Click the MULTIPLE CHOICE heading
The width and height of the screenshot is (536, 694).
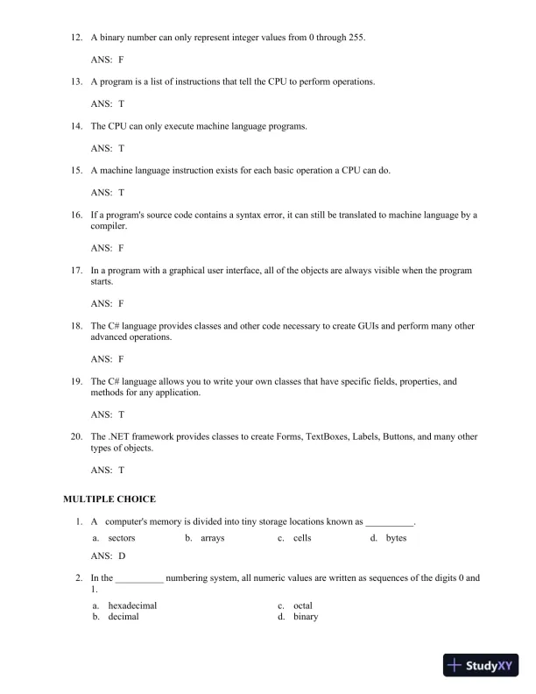(x=109, y=499)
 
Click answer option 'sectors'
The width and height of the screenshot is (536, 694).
(x=121, y=538)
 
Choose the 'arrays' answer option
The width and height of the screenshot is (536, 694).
(x=212, y=538)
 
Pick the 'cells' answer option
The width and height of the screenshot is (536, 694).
(x=302, y=538)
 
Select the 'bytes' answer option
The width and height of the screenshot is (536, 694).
(x=396, y=538)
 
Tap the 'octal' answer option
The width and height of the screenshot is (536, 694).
(x=303, y=605)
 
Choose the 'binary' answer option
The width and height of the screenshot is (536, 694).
(x=306, y=617)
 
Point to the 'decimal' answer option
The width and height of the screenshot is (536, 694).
(x=123, y=617)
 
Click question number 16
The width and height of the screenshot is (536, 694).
(x=76, y=215)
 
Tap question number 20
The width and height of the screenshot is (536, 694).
(x=76, y=436)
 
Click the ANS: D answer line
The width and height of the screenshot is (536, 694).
(x=108, y=556)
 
